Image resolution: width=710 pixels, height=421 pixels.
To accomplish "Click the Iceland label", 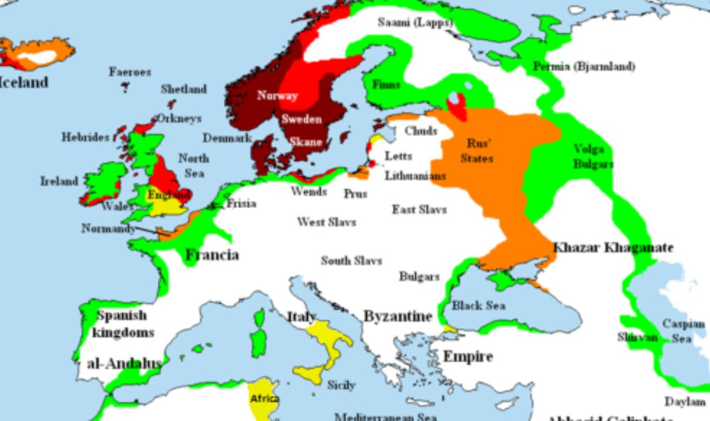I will [x=25, y=82].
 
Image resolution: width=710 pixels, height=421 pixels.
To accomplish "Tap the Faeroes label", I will [x=129, y=71].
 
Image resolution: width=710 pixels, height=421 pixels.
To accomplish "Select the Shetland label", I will [x=184, y=89].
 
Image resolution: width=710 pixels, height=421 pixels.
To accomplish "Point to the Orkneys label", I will [x=178, y=119].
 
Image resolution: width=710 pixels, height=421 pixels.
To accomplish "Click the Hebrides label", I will [x=85, y=137].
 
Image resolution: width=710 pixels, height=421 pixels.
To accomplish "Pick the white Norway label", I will [x=277, y=96].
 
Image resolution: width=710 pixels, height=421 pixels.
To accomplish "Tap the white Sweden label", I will [x=301, y=119].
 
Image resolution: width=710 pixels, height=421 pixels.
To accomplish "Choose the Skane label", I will [x=306, y=141].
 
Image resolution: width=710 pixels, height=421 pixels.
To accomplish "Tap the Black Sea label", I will [x=478, y=305].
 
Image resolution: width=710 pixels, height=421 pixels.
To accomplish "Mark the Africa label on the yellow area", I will [x=264, y=399].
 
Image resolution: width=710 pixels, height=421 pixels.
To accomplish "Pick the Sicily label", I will [x=341, y=385].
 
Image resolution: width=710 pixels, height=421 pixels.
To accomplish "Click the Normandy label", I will [x=107, y=228].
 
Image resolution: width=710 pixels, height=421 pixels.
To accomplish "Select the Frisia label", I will [x=241, y=203].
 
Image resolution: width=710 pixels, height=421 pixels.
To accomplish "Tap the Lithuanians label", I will [x=415, y=175].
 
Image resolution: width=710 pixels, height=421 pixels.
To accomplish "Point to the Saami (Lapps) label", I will [x=415, y=23].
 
